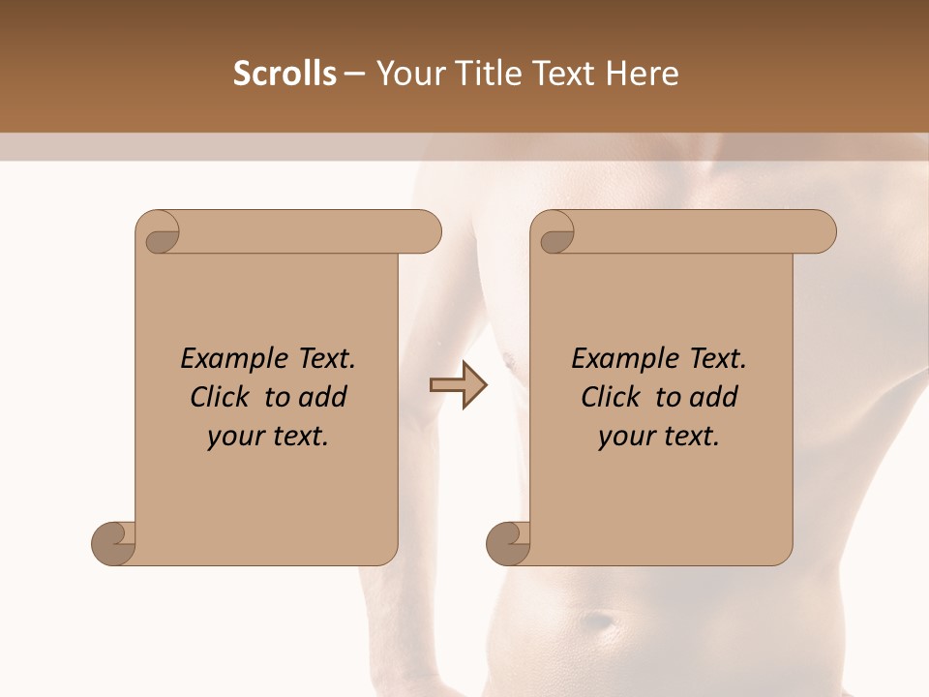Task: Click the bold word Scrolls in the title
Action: coord(285,74)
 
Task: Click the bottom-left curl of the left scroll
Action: coord(114,542)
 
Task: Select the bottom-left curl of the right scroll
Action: coord(509,542)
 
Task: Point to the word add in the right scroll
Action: coord(714,397)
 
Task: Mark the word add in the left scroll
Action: coord(323,397)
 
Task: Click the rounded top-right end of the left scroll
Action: coord(427,231)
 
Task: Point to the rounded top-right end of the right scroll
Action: coord(822,231)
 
